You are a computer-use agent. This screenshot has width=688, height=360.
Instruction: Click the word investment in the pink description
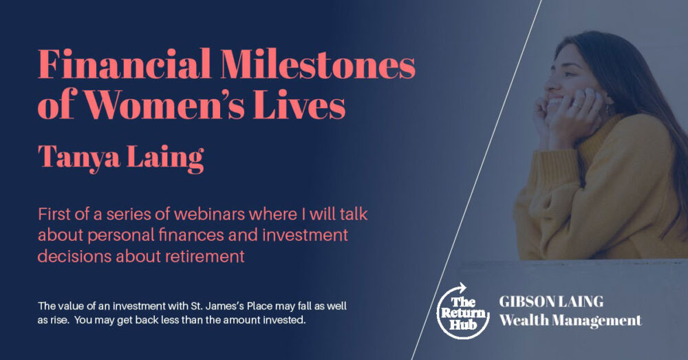point(305,235)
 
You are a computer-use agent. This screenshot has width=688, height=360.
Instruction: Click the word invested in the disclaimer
point(284,320)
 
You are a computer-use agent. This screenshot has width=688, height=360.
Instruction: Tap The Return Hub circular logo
point(463,311)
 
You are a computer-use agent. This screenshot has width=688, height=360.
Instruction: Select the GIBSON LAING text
point(551,301)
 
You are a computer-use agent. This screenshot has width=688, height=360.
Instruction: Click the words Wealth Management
point(570,321)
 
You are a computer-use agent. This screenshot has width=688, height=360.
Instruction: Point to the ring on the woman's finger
point(575,105)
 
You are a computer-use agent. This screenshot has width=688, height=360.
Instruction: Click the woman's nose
point(549,82)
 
